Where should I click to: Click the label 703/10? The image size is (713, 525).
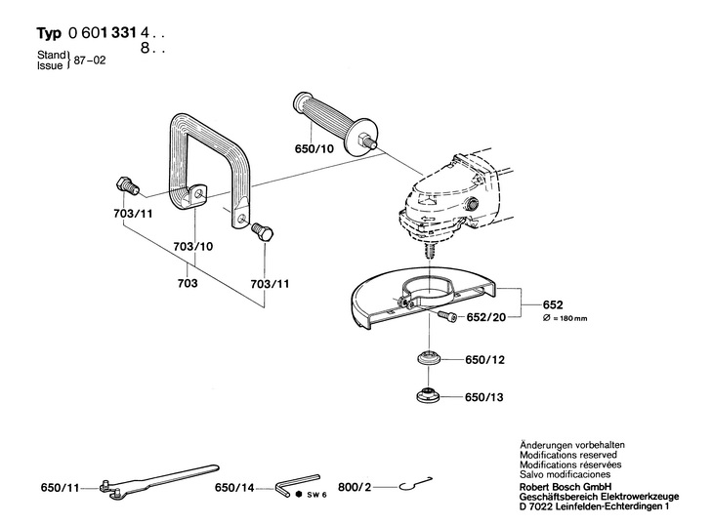[192, 248]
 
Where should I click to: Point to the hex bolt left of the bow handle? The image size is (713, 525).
[127, 184]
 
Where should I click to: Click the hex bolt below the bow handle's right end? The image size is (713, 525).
[263, 232]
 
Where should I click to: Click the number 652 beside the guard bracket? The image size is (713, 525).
[554, 303]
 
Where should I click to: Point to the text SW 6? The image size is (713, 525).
[315, 495]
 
